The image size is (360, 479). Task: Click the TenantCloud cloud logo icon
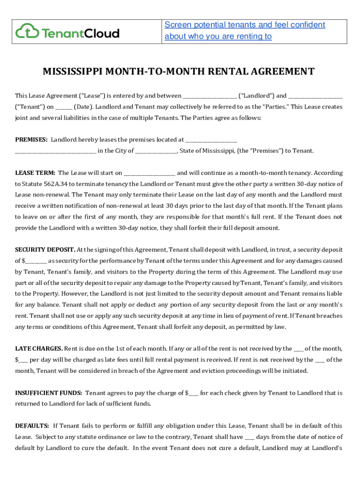click(x=27, y=32)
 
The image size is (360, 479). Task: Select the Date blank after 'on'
click(x=66, y=107)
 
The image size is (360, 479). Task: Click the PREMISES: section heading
click(x=31, y=139)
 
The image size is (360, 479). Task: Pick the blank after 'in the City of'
click(x=156, y=151)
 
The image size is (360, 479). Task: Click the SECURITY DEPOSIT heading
click(x=45, y=250)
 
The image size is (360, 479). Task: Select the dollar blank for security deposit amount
click(x=36, y=261)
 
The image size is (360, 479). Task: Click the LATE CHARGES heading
click(x=39, y=348)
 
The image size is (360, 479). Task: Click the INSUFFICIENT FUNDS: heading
click(x=49, y=393)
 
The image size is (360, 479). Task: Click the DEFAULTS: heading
click(x=32, y=426)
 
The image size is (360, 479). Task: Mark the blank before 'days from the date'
click(x=250, y=437)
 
